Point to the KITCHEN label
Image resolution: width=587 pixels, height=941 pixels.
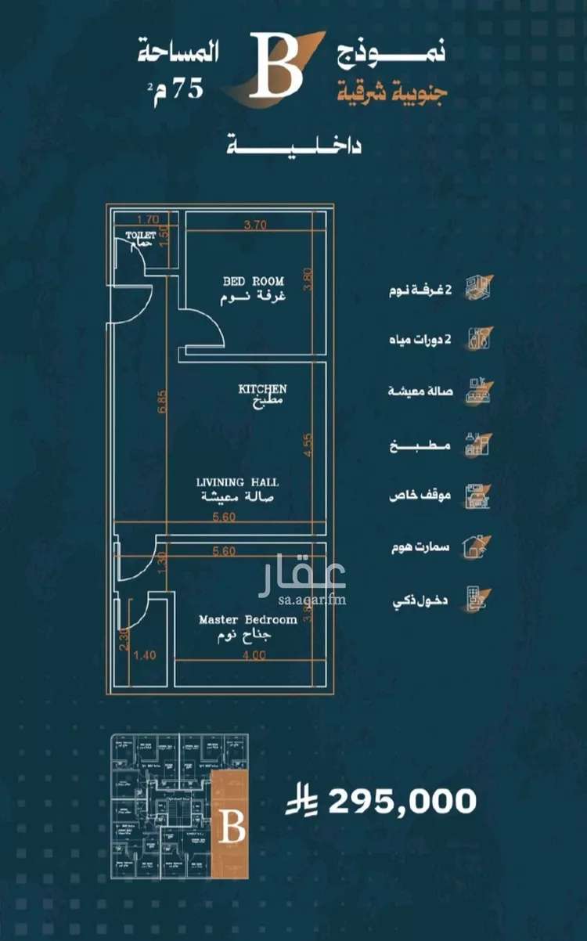[x=262, y=388]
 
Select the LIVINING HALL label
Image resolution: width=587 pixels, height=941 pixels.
[x=237, y=482]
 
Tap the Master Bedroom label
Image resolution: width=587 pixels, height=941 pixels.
[x=247, y=619]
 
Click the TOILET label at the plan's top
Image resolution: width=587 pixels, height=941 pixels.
[x=142, y=234]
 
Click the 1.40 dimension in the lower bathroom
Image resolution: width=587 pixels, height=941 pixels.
[x=144, y=655]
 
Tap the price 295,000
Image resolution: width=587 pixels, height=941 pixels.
[x=402, y=801]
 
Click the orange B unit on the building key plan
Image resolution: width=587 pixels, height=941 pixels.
[x=231, y=825]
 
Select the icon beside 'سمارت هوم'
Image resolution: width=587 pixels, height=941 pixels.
[x=476, y=546]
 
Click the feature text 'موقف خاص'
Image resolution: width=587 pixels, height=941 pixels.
[x=419, y=496]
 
